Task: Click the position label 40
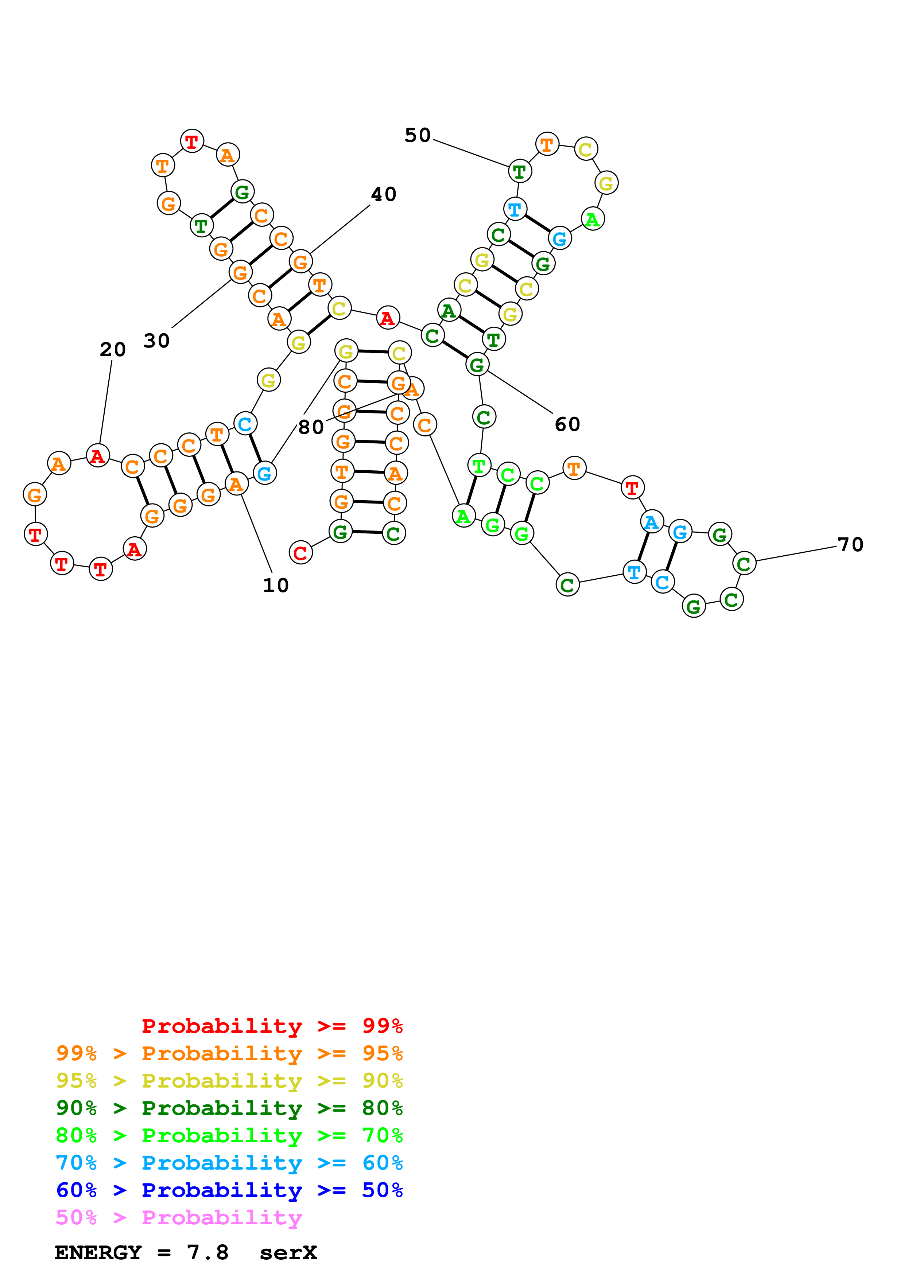[x=383, y=194]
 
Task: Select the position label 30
[x=156, y=341]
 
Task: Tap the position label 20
[x=113, y=350]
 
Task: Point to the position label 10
[x=276, y=586]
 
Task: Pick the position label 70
[x=850, y=545]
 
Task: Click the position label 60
[x=567, y=424]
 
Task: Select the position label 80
[x=311, y=427]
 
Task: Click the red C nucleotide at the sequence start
[x=300, y=553]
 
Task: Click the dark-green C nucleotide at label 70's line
[x=744, y=563]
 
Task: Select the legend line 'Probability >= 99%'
[x=272, y=1026]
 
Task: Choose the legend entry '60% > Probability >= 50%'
[x=229, y=1190]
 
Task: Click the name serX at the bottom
[x=288, y=1252]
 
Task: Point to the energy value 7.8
[x=207, y=1252]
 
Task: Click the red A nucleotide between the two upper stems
[x=388, y=318]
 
